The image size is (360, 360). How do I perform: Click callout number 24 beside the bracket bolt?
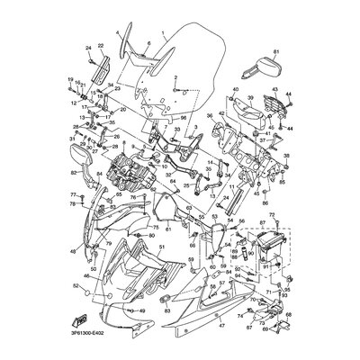[x=89, y=47]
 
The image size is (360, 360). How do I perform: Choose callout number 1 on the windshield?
[x=163, y=35]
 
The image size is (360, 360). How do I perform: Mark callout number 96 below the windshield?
[x=183, y=118]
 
